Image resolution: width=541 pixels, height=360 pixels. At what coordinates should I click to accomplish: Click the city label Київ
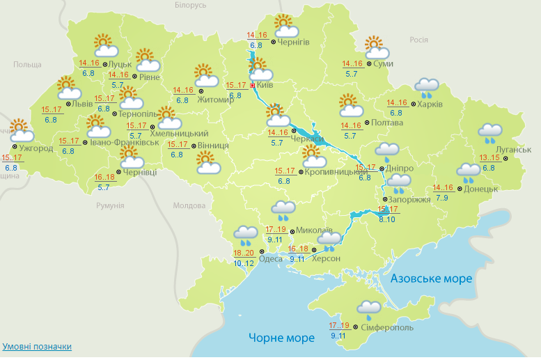264,85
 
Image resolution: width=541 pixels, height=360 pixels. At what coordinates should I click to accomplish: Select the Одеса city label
271,259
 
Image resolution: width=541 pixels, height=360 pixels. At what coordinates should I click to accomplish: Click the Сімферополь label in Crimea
387,327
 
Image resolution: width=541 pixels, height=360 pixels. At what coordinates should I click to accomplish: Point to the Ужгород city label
36,148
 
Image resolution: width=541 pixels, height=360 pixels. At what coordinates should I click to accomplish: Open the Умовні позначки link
37,346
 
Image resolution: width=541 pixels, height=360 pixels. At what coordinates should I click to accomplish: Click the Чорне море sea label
281,338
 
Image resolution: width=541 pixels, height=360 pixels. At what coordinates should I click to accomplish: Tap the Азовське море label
431,279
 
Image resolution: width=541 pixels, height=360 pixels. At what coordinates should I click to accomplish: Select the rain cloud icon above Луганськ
491,132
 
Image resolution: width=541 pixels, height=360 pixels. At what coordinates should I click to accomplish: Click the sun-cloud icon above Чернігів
285,26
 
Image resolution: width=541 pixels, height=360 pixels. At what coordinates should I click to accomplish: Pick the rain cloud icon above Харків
427,87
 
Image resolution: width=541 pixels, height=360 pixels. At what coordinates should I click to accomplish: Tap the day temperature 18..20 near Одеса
243,253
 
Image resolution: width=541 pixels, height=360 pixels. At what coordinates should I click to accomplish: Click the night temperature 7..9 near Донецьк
442,198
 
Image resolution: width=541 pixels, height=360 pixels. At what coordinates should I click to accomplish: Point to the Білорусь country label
191,6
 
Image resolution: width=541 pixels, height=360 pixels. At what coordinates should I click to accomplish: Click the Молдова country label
189,206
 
